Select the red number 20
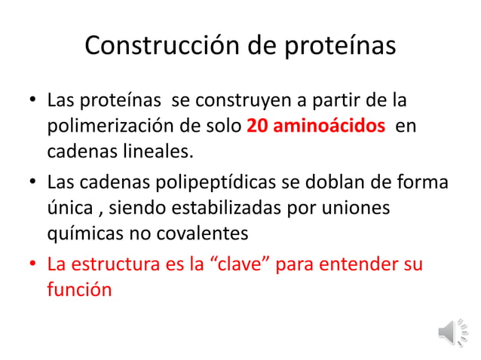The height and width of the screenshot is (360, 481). (257, 126)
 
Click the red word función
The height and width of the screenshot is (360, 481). (79, 291)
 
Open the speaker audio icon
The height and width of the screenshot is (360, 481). (454, 332)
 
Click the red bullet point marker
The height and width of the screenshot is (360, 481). (31, 265)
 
